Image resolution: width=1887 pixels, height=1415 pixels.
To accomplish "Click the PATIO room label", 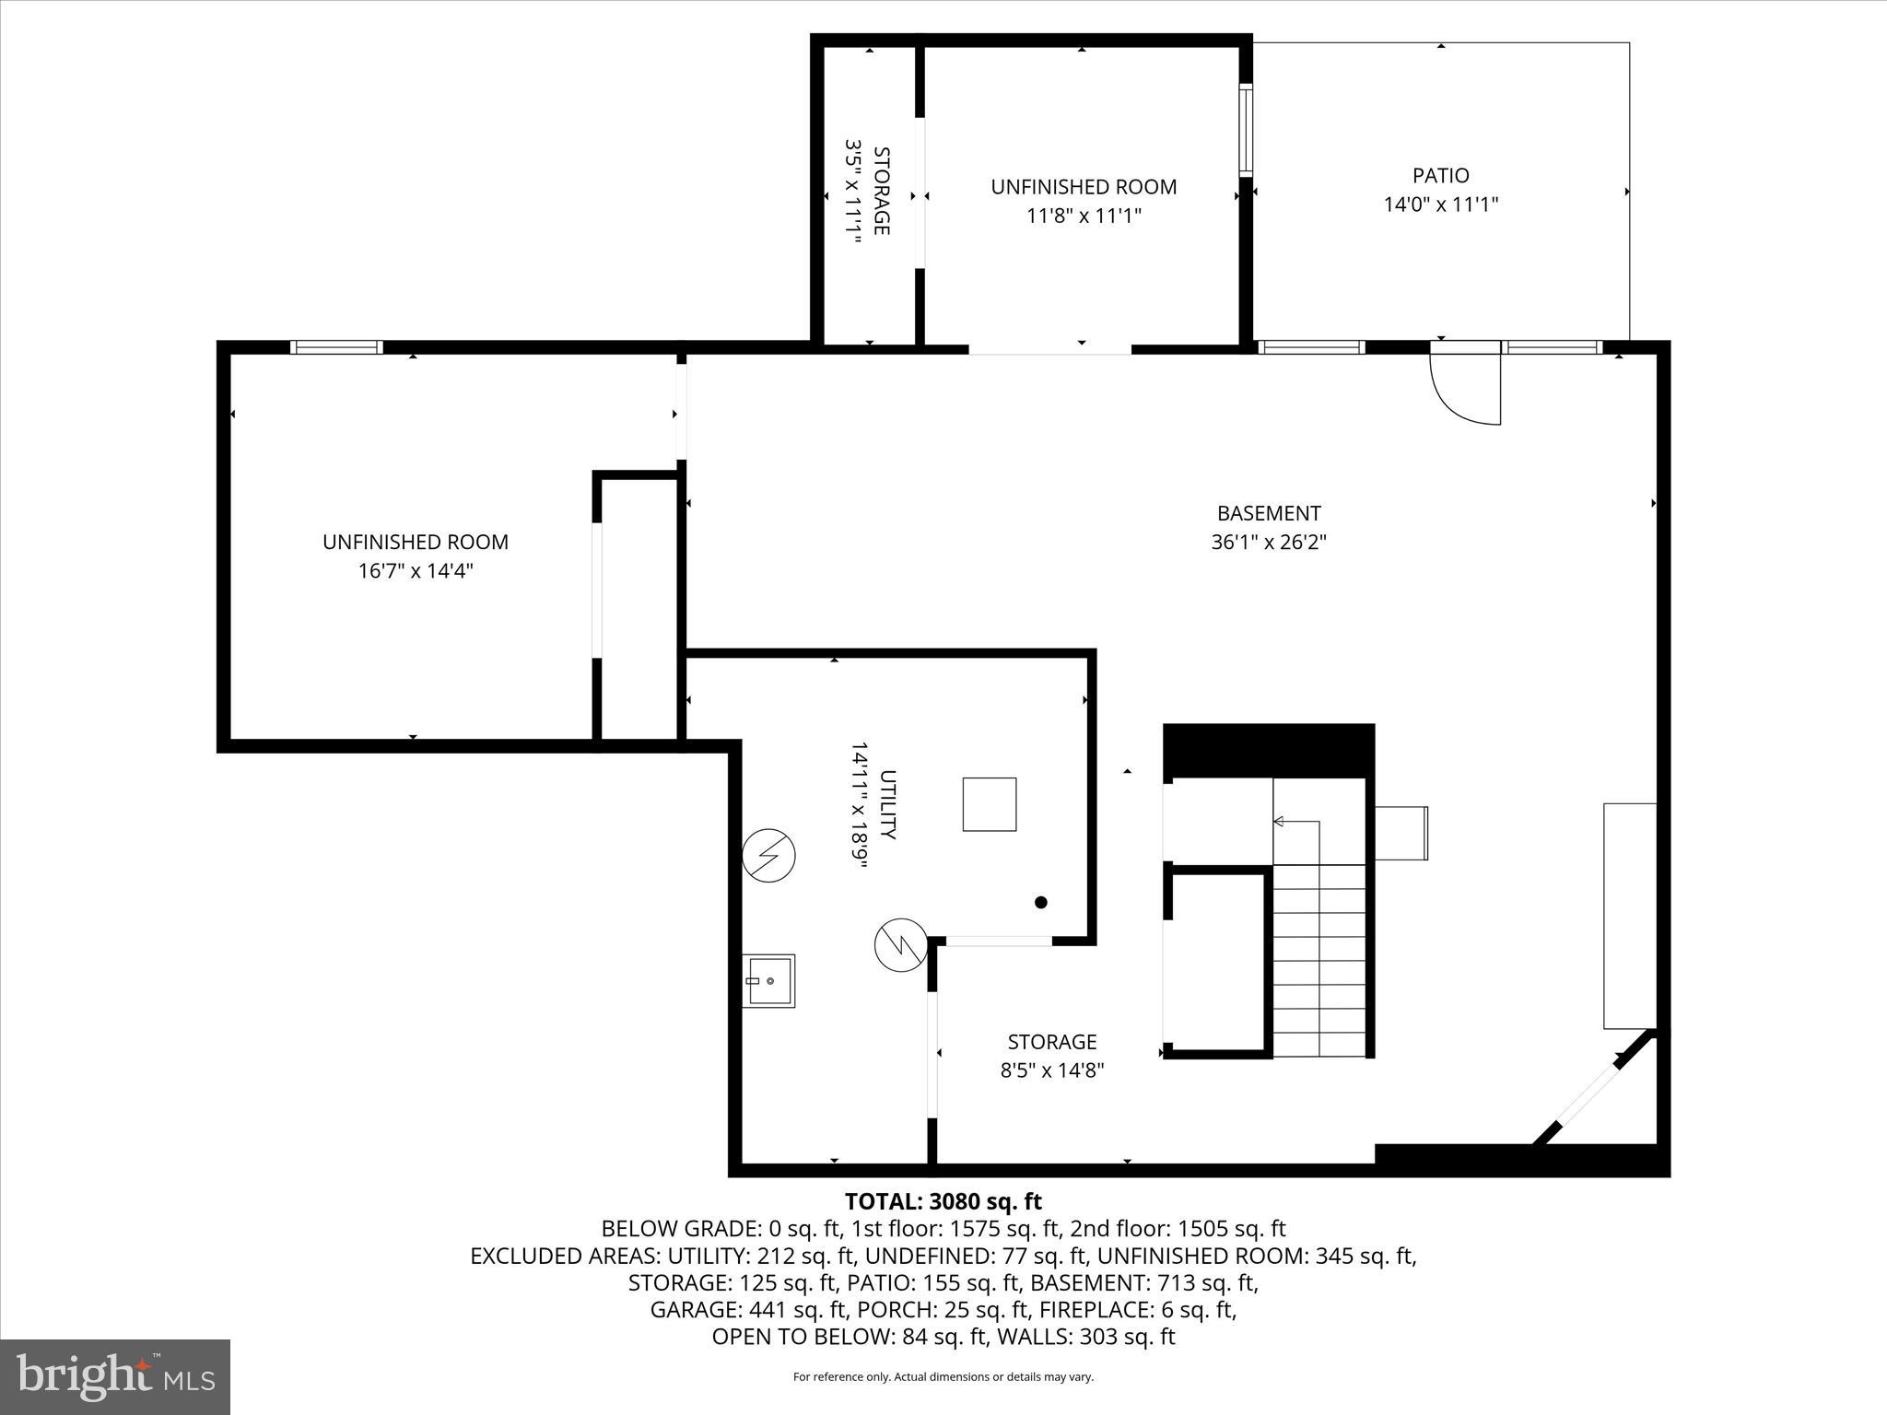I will click(x=1440, y=175).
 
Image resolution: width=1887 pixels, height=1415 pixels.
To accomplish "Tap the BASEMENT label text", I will click(x=1268, y=513).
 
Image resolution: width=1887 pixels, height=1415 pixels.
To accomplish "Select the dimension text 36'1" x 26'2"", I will click(x=1268, y=542).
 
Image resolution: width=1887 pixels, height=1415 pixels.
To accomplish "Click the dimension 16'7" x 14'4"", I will click(x=415, y=571).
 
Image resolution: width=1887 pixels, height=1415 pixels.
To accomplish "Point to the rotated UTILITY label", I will click(x=887, y=804).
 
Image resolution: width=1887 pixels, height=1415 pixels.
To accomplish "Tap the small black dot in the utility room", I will click(x=1041, y=903).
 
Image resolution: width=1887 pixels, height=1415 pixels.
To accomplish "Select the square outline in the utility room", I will click(x=990, y=804).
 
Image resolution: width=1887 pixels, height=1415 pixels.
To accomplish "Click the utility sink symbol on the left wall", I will click(x=768, y=981).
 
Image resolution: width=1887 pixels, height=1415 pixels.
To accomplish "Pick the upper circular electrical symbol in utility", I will click(x=768, y=856).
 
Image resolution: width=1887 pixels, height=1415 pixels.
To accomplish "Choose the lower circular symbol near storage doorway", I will click(x=900, y=944).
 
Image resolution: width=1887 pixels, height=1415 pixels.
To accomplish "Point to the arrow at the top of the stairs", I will click(x=1279, y=821).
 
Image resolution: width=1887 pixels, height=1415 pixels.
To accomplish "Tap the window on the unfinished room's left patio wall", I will click(x=1246, y=129).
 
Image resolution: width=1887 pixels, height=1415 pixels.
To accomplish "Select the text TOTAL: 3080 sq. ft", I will click(x=943, y=1201).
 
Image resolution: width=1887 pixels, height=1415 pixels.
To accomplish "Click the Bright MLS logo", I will click(x=115, y=1376).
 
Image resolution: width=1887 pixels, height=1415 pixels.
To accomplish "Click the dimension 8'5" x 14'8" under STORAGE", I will click(x=1051, y=1070).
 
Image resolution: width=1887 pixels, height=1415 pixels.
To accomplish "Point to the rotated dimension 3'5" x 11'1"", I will click(x=853, y=191).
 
